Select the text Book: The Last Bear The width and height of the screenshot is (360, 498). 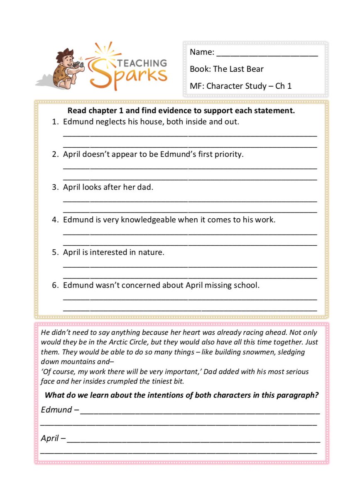click(226, 69)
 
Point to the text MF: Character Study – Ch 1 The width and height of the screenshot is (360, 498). click(240, 86)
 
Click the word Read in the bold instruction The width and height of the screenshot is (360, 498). click(77, 111)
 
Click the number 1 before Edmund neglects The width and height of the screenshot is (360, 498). click(54, 122)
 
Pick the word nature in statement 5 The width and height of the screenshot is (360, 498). click(151, 252)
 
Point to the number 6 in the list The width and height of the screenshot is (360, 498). click(54, 285)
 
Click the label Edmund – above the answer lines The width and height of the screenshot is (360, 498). click(60, 410)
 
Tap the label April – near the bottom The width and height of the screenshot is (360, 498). click(53, 438)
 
